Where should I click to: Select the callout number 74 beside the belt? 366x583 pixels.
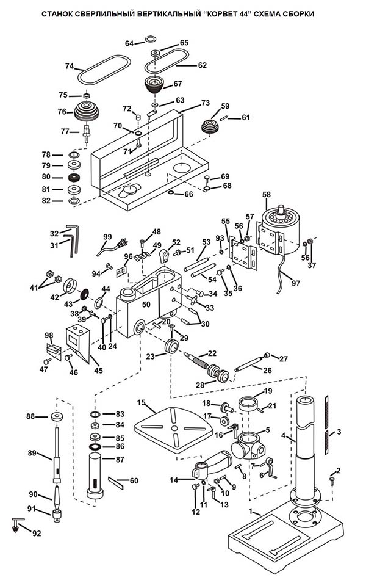tap(70, 67)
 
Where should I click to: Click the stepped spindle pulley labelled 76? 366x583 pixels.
tap(87, 112)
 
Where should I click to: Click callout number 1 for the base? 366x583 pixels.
tap(249, 510)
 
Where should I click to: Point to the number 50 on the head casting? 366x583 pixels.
tap(146, 303)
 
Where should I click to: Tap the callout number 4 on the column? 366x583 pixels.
tap(284, 436)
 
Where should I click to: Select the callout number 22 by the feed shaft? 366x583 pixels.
tap(212, 353)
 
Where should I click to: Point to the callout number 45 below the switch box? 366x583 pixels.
tap(98, 370)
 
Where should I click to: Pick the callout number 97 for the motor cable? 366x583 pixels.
tap(296, 284)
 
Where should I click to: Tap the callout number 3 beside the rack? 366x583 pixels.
tap(339, 432)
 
